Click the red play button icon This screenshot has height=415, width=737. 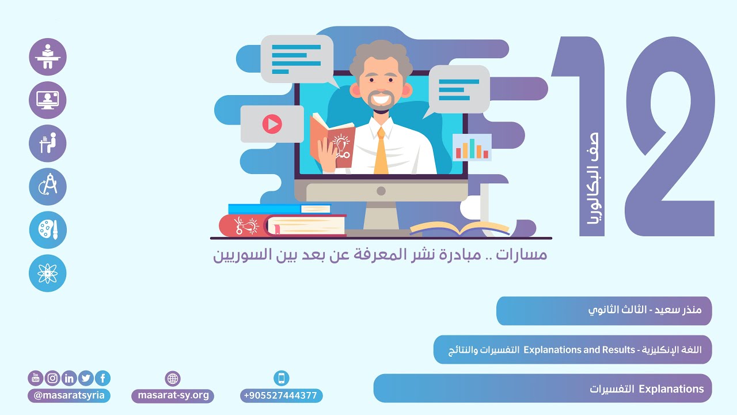point(272,123)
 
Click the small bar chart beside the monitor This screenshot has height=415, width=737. point(472,148)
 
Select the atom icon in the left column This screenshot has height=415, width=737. point(48,273)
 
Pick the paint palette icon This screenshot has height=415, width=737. point(48,230)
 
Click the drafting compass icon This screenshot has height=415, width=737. point(48,187)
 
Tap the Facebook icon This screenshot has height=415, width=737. point(103,378)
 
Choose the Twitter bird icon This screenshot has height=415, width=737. point(86,378)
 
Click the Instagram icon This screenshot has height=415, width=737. point(52,378)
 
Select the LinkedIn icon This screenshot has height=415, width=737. point(69,378)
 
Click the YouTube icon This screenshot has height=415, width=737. point(36,378)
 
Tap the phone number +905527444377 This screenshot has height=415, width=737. point(281,396)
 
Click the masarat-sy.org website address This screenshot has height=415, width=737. point(173,396)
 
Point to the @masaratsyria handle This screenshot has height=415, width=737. point(69,396)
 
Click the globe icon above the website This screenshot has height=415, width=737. point(173,379)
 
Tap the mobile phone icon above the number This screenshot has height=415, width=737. point(281,378)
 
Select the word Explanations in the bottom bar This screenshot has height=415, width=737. point(671,389)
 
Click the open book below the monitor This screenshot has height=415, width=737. point(459,229)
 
